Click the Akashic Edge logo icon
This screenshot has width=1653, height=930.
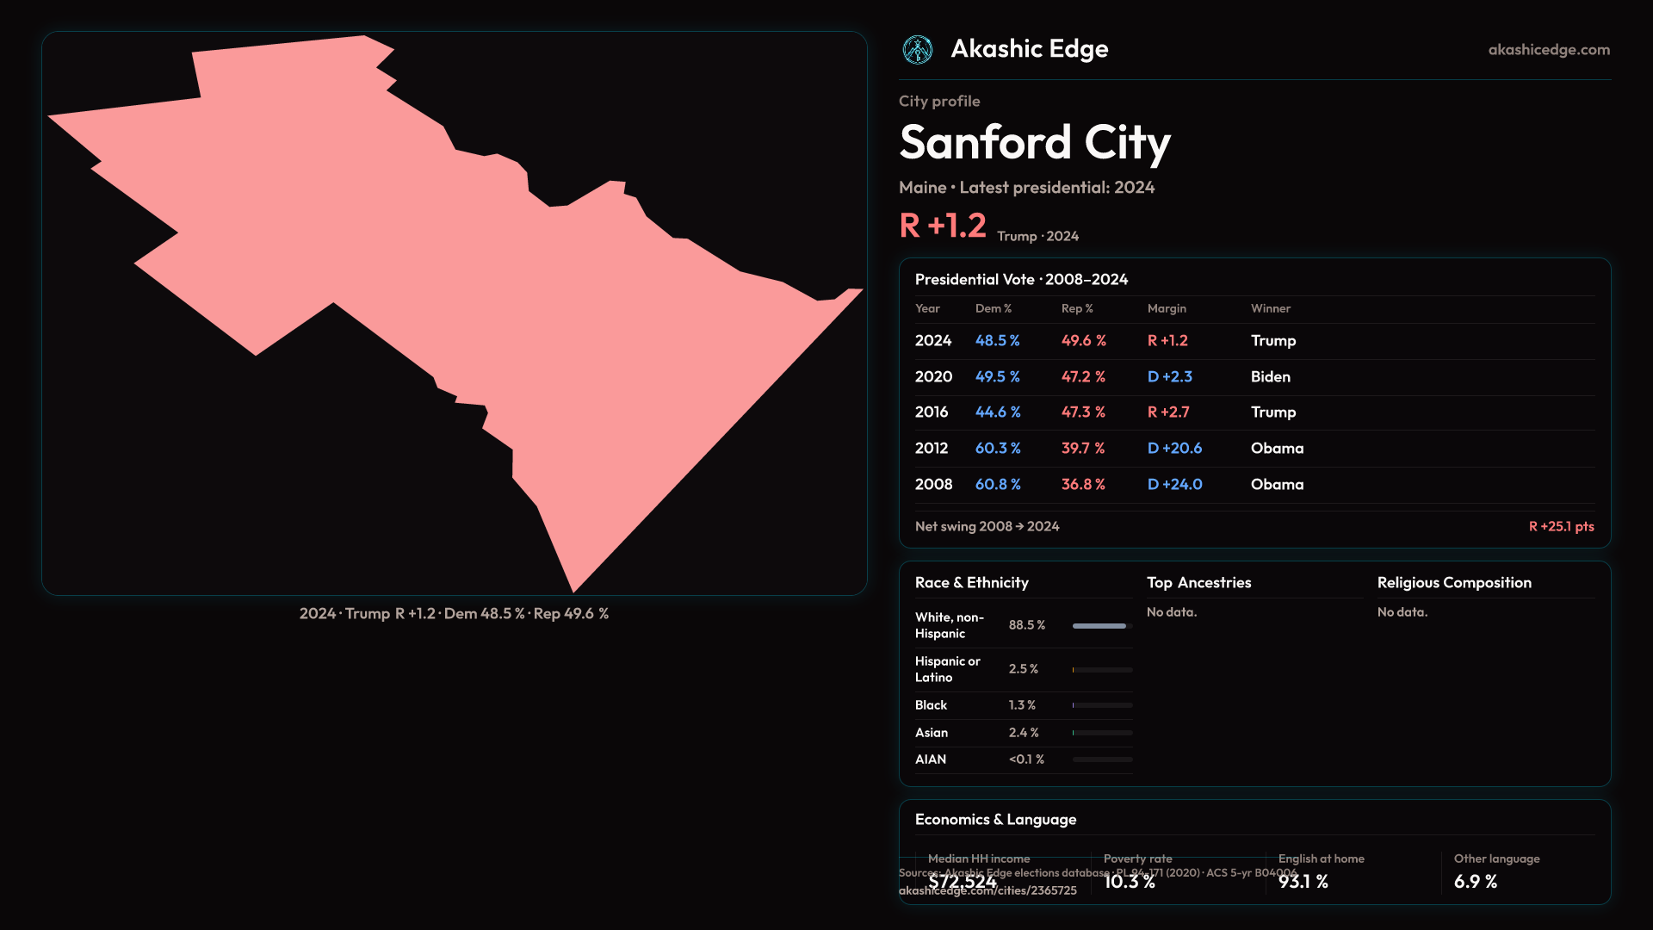pos(917,50)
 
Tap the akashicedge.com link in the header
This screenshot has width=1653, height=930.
pos(1549,50)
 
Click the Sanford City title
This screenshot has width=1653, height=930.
pos(1035,142)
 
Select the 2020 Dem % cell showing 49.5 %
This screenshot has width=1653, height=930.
pos(997,376)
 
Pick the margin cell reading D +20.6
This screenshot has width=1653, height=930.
pos(1174,448)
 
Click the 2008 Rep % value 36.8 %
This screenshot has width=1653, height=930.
pos(1083,484)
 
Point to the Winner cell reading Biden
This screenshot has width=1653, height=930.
pos(1270,376)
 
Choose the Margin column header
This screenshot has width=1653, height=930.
pos(1167,308)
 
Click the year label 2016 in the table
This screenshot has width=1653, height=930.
pos(932,412)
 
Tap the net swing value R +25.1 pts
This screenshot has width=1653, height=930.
pos(1561,526)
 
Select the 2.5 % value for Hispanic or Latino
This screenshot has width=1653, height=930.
pos(1023,669)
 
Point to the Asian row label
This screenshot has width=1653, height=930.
pos(932,732)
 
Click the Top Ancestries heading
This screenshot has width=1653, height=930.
pos(1198,582)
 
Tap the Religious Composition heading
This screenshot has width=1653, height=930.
pos(1454,582)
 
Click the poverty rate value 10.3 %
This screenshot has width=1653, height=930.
pos(1129,882)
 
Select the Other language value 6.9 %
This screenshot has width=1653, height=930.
pos(1475,882)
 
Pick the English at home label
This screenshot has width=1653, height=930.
pos(1321,859)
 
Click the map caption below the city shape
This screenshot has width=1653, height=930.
pos(454,613)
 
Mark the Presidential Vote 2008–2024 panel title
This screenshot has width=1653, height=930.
pos(1021,279)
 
